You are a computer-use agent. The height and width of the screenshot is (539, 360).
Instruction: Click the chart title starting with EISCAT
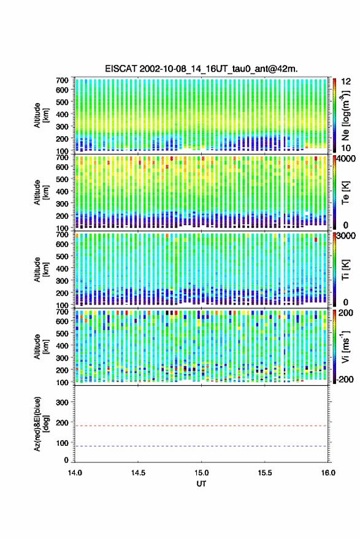[201, 69]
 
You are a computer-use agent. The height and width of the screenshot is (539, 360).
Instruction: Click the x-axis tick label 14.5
[138, 473]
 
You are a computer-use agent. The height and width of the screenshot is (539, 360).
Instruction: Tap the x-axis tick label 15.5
[265, 473]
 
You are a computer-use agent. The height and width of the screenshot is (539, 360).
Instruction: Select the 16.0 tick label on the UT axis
[328, 473]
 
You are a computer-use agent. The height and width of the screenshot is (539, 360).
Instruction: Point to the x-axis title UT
[201, 484]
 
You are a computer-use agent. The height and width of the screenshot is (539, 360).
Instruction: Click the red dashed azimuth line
[201, 426]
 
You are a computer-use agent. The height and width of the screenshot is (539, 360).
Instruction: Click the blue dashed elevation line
[201, 446]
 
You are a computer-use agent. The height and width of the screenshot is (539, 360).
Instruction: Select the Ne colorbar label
[345, 115]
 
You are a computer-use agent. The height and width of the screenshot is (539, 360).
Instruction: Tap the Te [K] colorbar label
[345, 193]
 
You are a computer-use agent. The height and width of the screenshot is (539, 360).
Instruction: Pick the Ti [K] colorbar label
[345, 270]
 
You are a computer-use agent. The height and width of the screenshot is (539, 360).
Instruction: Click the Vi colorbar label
[345, 346]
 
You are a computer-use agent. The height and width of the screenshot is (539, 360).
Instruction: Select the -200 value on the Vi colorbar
[345, 380]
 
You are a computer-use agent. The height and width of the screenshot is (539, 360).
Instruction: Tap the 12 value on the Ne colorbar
[346, 82]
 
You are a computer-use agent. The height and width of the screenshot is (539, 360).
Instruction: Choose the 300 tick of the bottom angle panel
[62, 402]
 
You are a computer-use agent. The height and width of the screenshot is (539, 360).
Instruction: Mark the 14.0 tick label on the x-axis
[75, 473]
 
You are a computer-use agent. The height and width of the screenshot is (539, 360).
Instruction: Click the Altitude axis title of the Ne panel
[41, 115]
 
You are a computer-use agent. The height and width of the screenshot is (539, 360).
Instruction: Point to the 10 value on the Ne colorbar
[346, 148]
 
